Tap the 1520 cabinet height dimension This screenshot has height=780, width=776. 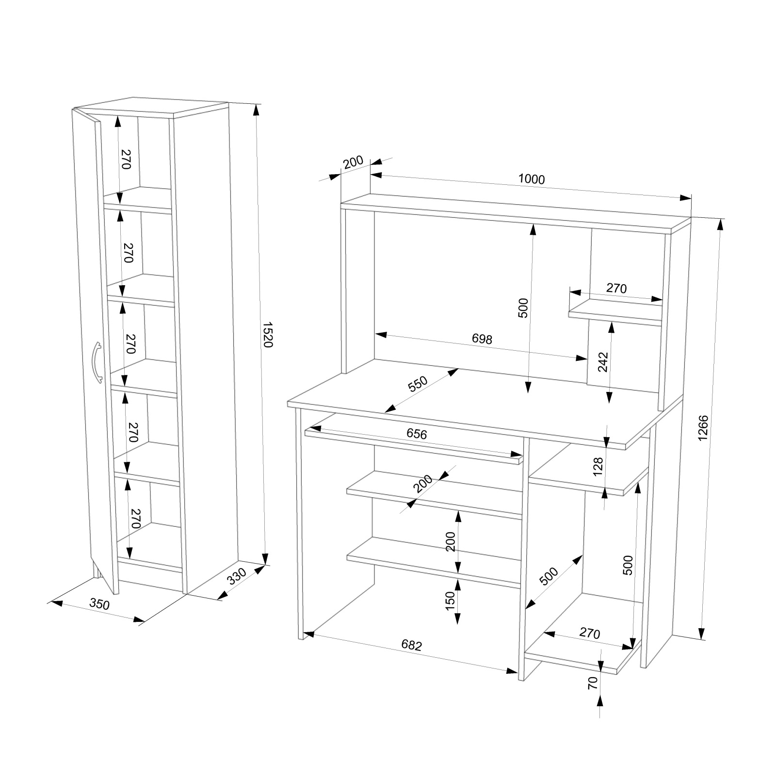[268, 334]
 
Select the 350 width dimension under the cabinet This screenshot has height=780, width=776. [99, 604]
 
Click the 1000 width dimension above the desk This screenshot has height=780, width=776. [532, 179]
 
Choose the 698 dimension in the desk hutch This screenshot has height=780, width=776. [482, 339]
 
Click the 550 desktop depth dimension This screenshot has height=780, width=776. [418, 384]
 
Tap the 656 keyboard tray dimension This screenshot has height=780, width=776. [417, 434]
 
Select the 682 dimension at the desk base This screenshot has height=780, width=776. [412, 645]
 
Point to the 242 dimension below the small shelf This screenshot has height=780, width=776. [603, 361]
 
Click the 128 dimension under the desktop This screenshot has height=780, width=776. [598, 466]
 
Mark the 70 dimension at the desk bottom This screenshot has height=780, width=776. [591, 683]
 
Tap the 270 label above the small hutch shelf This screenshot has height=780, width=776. [616, 288]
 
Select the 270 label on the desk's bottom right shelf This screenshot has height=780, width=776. [590, 634]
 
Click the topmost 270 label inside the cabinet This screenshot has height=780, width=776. [126, 159]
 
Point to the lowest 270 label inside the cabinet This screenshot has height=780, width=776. [135, 519]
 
